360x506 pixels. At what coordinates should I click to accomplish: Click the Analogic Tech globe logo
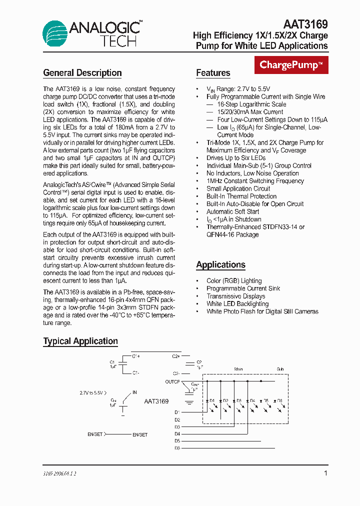[x=55, y=33]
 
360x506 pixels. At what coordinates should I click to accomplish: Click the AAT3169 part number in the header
[x=305, y=23]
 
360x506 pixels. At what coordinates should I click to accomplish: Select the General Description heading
[x=82, y=73]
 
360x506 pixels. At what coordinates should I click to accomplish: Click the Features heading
[x=213, y=73]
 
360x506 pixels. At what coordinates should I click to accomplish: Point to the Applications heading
[x=220, y=265]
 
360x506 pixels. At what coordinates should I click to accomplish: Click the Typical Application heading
[x=80, y=341]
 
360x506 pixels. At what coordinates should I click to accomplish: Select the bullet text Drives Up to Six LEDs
[x=236, y=158]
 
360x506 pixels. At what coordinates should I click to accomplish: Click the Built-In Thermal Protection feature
[x=241, y=196]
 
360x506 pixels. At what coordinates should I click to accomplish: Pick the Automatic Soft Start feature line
[x=232, y=211]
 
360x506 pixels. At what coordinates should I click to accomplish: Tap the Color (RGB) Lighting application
[x=234, y=281]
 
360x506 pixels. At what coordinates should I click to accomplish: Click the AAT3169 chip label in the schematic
[x=156, y=401]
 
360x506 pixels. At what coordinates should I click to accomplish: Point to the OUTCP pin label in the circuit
[x=172, y=381]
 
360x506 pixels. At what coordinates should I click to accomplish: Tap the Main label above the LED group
[x=239, y=369]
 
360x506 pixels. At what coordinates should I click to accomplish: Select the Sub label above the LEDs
[x=280, y=369]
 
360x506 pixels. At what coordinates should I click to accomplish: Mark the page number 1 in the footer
[x=325, y=473]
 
